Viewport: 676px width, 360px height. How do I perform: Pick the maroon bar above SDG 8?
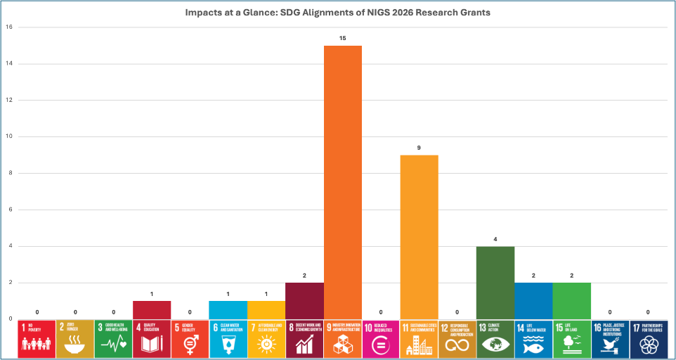(x=304, y=300)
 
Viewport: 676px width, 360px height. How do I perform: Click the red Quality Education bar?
(x=151, y=309)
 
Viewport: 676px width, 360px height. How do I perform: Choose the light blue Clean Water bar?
(x=228, y=309)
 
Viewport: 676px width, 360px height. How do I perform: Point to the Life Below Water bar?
(x=533, y=300)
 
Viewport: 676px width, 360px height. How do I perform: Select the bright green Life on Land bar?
(x=571, y=300)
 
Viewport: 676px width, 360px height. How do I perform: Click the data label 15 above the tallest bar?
(x=342, y=37)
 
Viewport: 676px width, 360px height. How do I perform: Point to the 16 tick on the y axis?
(x=9, y=27)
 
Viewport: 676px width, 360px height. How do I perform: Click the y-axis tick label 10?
(x=9, y=136)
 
